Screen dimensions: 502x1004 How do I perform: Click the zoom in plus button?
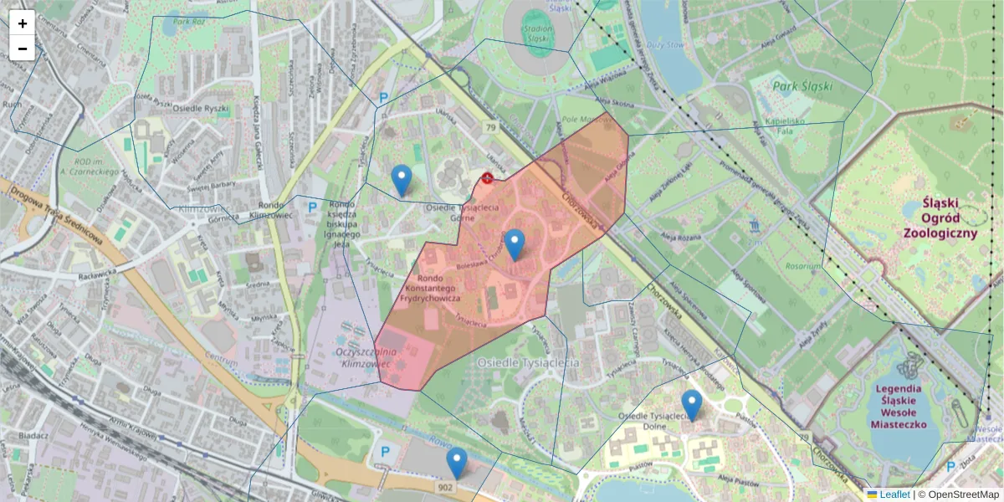[x=22, y=23]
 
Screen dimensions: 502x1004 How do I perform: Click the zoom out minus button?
[x=22, y=49]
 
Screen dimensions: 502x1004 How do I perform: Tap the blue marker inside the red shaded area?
[x=515, y=243]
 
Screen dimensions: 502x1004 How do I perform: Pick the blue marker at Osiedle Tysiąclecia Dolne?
[x=691, y=404]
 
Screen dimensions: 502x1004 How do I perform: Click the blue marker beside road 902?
[x=456, y=462]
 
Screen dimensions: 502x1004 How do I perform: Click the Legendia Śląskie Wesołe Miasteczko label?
[x=899, y=407]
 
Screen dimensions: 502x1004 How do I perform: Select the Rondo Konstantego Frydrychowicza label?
[x=451, y=288]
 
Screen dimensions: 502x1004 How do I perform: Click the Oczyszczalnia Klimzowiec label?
[x=365, y=360]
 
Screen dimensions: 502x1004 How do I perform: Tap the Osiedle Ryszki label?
[x=200, y=108]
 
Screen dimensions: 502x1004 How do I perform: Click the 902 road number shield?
[x=445, y=486]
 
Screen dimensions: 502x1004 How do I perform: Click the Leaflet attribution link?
[x=893, y=494]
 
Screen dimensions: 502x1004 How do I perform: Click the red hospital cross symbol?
[x=487, y=178]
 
